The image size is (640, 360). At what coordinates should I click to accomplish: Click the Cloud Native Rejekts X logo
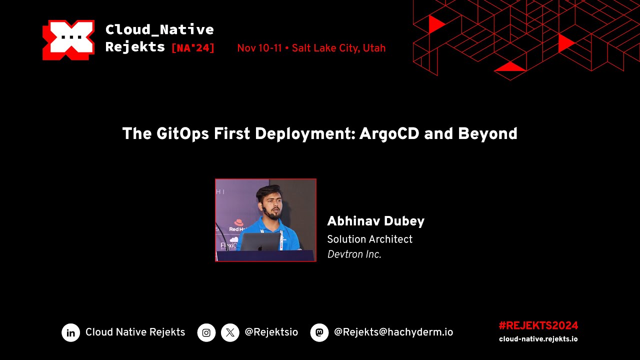68,40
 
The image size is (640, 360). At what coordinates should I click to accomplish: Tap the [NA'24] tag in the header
193,48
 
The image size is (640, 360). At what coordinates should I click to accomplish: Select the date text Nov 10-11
259,48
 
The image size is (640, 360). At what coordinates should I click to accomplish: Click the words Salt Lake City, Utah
338,48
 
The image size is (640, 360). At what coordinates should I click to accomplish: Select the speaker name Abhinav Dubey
375,221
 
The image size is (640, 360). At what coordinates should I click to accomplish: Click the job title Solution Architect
369,239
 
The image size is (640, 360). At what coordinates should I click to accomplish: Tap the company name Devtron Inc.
354,254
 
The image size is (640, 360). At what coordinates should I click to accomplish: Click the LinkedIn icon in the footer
71,332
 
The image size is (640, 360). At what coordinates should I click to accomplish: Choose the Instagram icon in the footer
206,332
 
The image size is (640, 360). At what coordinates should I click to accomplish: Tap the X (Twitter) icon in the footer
230,332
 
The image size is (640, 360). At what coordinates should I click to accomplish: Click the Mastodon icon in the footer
319,332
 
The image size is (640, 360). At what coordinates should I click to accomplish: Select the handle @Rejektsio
271,332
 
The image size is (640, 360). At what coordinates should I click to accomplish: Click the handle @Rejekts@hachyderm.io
393,332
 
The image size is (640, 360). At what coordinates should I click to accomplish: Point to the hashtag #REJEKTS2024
538,325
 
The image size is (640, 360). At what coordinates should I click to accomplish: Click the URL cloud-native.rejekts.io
538,339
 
